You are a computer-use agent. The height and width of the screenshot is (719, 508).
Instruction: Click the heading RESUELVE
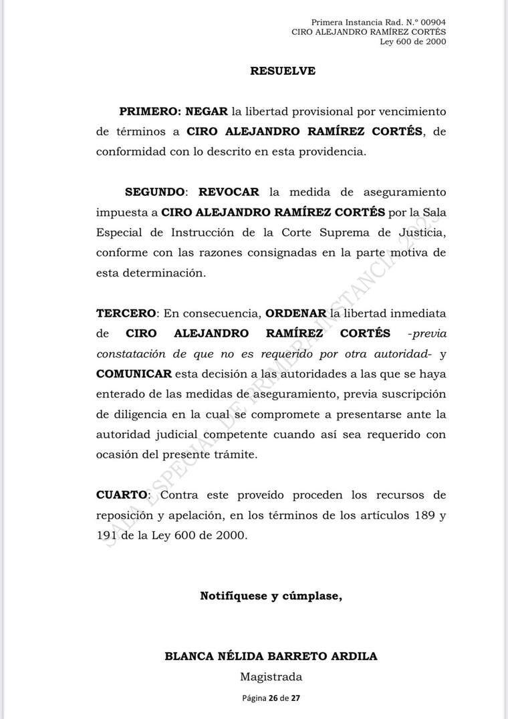(282, 71)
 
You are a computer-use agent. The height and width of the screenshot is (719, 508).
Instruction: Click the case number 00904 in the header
(432, 22)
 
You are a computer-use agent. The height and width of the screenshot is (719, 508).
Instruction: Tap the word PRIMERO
(149, 111)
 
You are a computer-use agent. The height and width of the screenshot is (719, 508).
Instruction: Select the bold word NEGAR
(207, 111)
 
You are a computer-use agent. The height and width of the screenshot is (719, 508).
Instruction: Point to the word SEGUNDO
(154, 192)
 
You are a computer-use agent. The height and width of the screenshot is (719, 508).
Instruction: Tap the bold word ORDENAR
(295, 313)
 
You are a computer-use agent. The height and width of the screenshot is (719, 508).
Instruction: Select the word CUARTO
(121, 495)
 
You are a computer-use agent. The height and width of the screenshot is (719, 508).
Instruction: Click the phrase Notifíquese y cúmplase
(271, 596)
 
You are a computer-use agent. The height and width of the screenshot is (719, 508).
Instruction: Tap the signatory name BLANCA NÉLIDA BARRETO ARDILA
(271, 656)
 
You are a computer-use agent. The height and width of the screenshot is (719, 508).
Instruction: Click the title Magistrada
(271, 677)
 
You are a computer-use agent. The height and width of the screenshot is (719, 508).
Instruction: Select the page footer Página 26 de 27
(271, 698)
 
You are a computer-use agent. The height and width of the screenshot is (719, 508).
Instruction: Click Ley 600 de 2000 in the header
(412, 41)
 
